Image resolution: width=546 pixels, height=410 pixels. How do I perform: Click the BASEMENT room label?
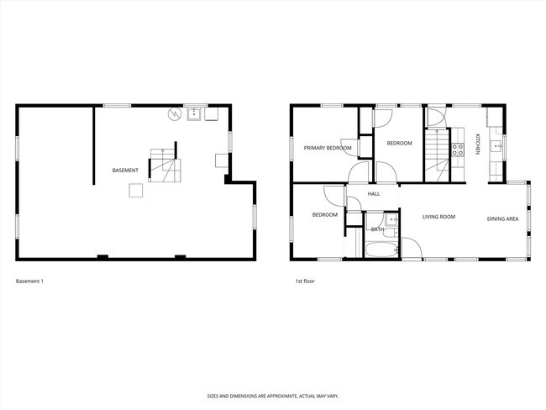[x=125, y=171]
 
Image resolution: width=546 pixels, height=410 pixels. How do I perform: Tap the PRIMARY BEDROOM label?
[x=328, y=148]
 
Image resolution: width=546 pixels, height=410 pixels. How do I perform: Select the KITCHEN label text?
[x=477, y=144]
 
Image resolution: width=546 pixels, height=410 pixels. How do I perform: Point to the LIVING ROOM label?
[x=438, y=217]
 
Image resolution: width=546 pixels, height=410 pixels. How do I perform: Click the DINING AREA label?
[x=502, y=219]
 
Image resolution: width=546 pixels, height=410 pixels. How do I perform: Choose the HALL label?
[x=374, y=194]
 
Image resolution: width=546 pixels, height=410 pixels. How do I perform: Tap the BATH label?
[x=377, y=229]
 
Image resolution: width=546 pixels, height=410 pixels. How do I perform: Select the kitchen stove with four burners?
[x=458, y=150]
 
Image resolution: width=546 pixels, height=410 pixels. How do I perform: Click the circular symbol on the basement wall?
[x=175, y=114]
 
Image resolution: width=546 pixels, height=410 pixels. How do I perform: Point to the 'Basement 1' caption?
[x=29, y=281]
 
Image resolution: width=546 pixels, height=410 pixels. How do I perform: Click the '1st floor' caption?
[x=304, y=281]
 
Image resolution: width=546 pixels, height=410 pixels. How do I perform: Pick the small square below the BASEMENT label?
[x=135, y=191]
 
